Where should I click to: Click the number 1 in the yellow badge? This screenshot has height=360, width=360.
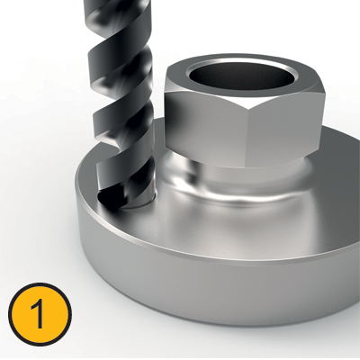pyautogui.click(x=39, y=316)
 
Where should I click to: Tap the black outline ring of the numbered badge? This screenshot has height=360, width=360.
pyautogui.click(x=39, y=285)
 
